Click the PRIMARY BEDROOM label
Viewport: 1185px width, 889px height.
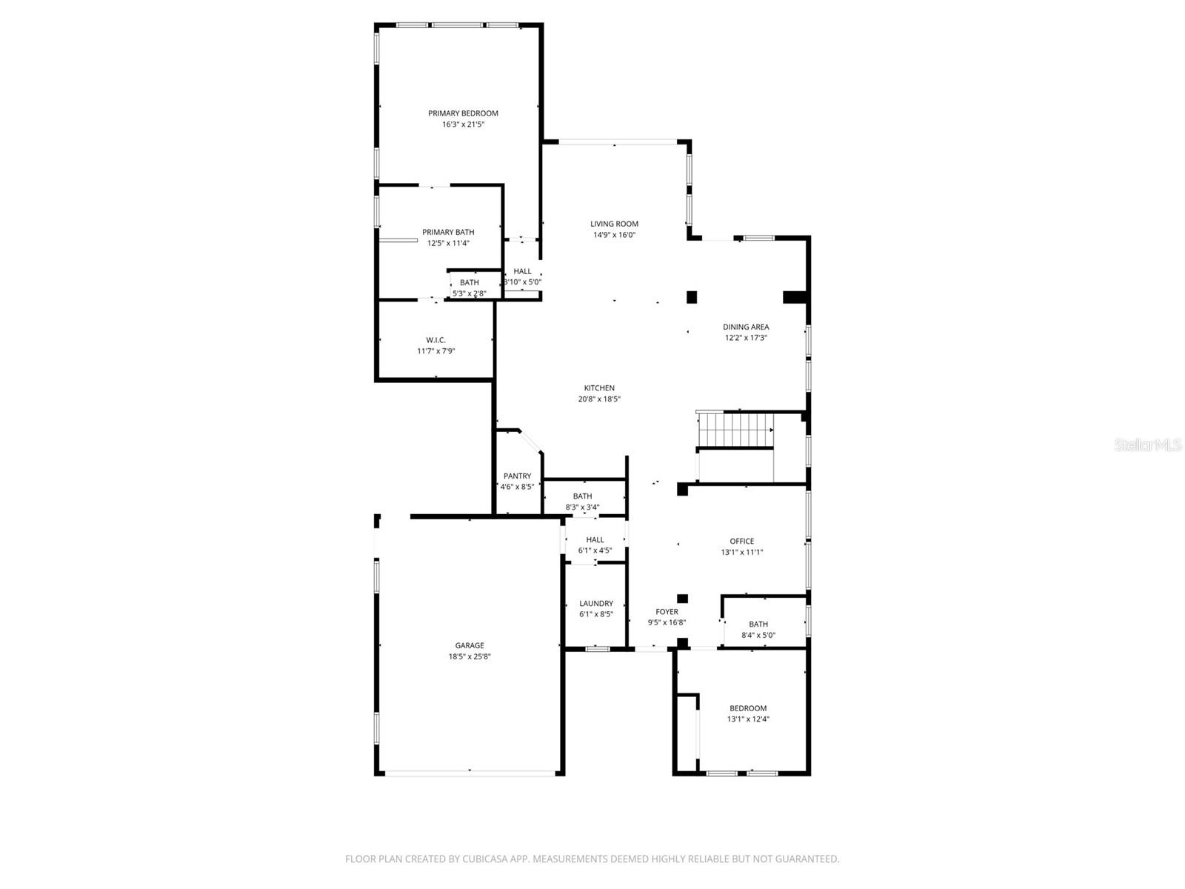pyautogui.click(x=463, y=113)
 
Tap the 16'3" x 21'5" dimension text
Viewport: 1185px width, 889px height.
pyautogui.click(x=463, y=124)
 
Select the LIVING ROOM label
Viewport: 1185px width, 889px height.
pyautogui.click(x=614, y=224)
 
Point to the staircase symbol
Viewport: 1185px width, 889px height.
pyautogui.click(x=738, y=430)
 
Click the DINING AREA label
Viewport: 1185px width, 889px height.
pyautogui.click(x=746, y=327)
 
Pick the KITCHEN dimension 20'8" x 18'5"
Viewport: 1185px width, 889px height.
pyautogui.click(x=599, y=399)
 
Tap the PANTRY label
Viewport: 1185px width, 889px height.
pyautogui.click(x=517, y=476)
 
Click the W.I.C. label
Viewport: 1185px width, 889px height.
pyautogui.click(x=435, y=340)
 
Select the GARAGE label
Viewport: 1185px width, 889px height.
pyautogui.click(x=470, y=645)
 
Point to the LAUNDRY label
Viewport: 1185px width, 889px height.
pyautogui.click(x=595, y=603)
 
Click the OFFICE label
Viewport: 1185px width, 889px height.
pyautogui.click(x=741, y=541)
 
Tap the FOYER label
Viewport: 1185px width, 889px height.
pyautogui.click(x=667, y=612)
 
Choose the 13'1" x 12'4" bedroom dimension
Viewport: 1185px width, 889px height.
pyautogui.click(x=748, y=719)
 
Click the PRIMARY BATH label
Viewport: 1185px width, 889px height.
pyautogui.click(x=448, y=232)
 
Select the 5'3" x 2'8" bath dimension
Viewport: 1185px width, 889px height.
pyautogui.click(x=470, y=293)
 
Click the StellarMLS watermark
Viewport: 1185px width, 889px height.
pyautogui.click(x=1148, y=445)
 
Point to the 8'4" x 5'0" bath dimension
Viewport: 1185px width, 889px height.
pyautogui.click(x=758, y=636)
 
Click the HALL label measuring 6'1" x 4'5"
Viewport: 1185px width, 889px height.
pyautogui.click(x=595, y=540)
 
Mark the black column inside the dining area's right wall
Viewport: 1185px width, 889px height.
pyautogui.click(x=794, y=297)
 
